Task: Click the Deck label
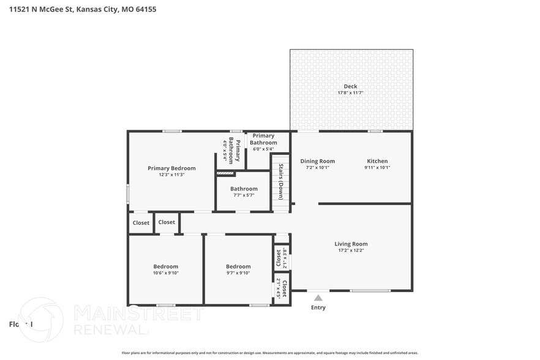(350, 86)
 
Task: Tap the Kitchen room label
(377, 161)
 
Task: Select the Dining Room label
(317, 161)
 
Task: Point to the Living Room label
(351, 244)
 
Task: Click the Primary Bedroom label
(171, 168)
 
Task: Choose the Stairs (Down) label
(281, 182)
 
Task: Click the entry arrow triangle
(318, 298)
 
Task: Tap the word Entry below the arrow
(318, 307)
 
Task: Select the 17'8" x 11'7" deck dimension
(350, 93)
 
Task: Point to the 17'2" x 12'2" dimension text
(351, 250)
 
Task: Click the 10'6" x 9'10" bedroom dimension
(165, 273)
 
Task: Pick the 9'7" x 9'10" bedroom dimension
(238, 273)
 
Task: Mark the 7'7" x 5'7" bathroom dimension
(243, 195)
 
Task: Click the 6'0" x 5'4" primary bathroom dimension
(263, 149)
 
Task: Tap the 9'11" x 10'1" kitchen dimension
(377, 167)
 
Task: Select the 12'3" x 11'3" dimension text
(171, 175)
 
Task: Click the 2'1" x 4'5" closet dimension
(279, 288)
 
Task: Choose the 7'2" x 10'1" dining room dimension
(317, 167)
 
